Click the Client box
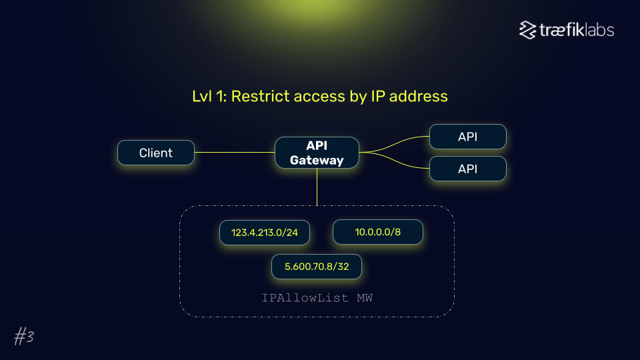[155, 153]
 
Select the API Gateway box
[317, 153]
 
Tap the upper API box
[467, 137]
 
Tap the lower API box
[467, 169]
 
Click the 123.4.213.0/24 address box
[264, 233]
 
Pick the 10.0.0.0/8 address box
[377, 233]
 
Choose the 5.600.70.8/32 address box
[317, 266]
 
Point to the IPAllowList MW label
[317, 297]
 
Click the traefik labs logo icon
[528, 30]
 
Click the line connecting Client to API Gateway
[234, 153]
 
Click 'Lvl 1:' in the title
[209, 97]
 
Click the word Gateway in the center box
[317, 160]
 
